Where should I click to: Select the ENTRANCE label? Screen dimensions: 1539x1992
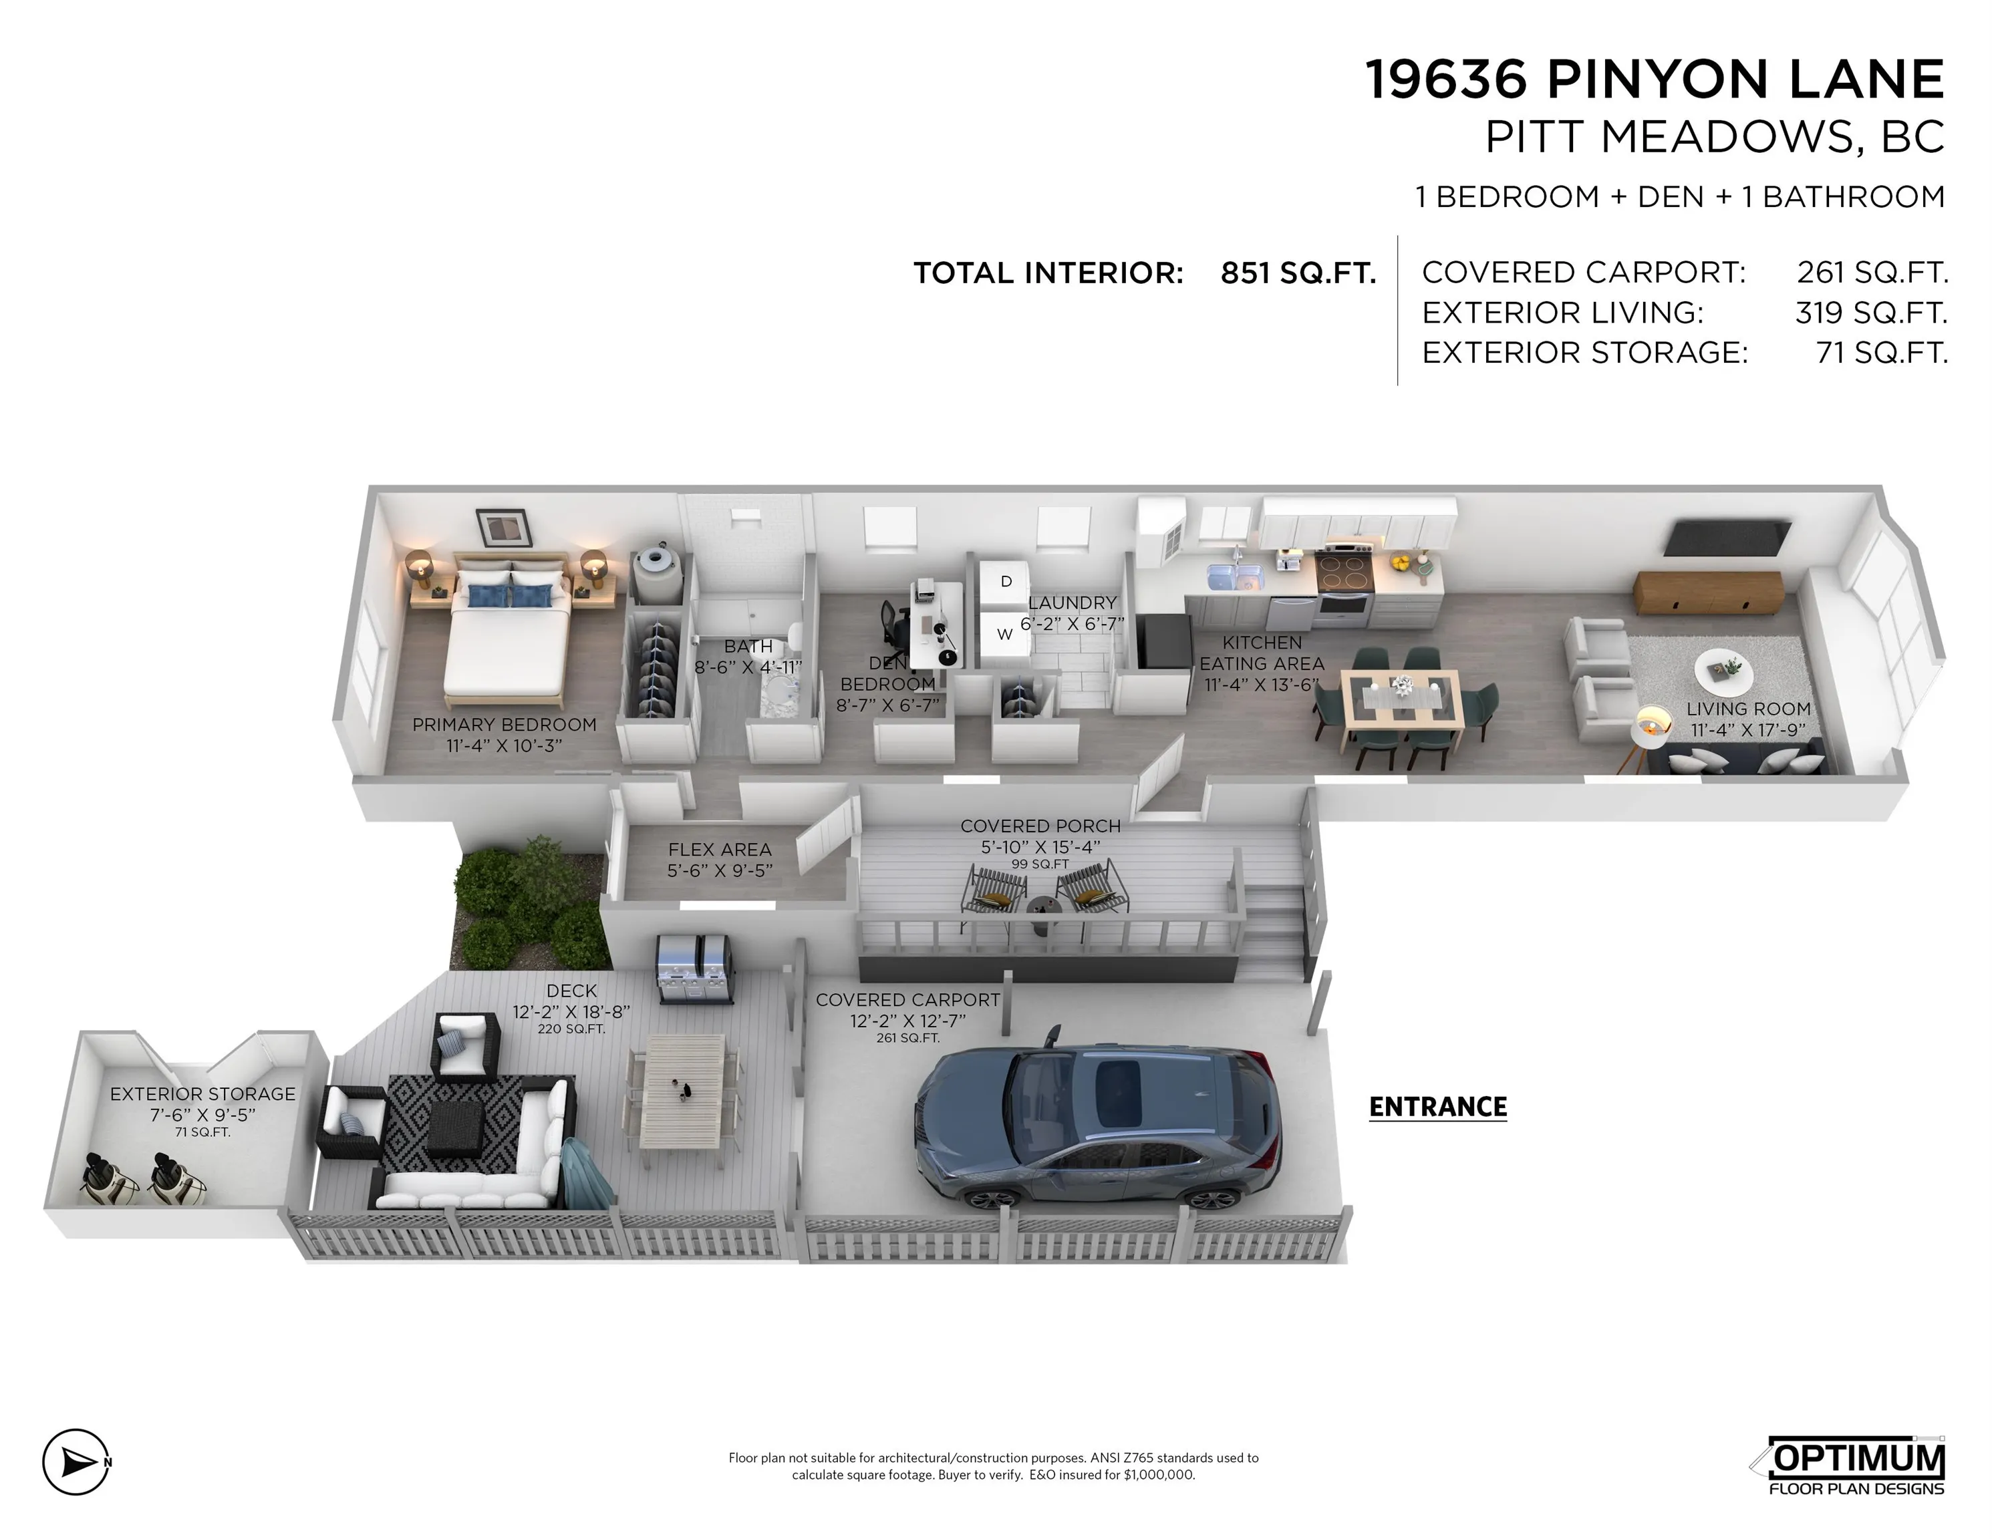1437,1107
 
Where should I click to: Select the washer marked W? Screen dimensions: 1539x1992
1004,634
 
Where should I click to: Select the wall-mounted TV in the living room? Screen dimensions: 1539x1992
1727,537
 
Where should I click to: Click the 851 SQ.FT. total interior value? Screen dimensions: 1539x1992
1298,273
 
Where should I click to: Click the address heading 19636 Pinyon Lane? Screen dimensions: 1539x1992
1655,79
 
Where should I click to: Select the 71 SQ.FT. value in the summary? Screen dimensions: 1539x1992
1882,352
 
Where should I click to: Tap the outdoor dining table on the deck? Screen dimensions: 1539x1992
682,1090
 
